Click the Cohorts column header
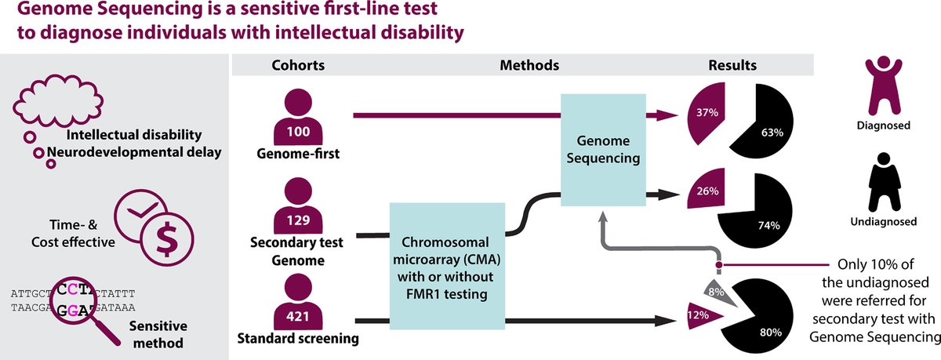[x=295, y=64]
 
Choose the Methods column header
[x=529, y=64]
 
